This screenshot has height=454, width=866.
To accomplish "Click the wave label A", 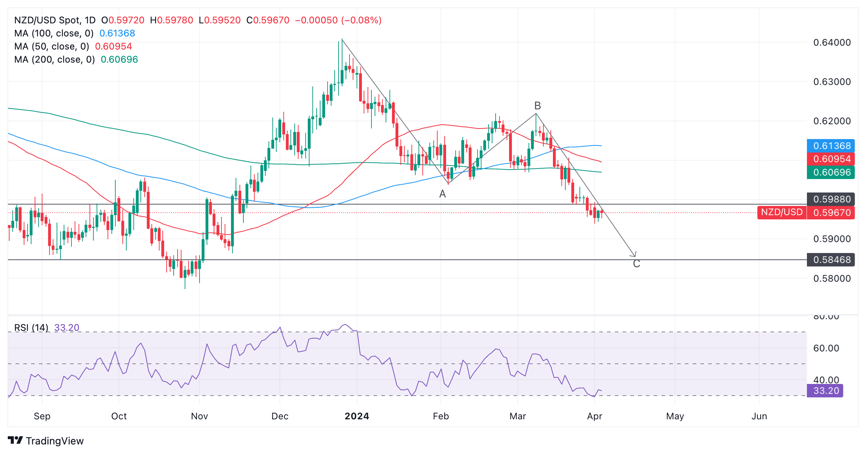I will (442, 194).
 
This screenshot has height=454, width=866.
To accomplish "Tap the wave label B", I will (537, 105).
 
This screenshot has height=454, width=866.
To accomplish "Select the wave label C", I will (636, 264).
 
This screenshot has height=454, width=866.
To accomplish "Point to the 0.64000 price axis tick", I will (832, 42).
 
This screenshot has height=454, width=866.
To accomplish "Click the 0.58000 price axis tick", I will (832, 278).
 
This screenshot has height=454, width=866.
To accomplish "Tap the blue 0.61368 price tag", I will (831, 146).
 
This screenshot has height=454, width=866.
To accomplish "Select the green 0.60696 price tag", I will (831, 172).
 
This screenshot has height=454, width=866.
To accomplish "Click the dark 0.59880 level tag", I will (831, 199).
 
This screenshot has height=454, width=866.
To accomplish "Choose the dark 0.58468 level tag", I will (831, 260).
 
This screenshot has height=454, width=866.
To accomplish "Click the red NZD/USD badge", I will (782, 212).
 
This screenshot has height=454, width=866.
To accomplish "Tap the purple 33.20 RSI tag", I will (825, 391).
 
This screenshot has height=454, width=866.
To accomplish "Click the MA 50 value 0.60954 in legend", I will (113, 46).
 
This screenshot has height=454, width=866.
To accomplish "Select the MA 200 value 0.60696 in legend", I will (119, 59).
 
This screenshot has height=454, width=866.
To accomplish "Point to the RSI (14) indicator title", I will (31, 328).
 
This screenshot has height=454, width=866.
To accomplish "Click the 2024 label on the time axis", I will (357, 416).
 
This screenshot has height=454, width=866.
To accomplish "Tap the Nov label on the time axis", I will (199, 416).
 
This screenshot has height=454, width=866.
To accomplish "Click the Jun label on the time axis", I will (759, 416).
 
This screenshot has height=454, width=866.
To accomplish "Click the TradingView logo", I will (46, 441).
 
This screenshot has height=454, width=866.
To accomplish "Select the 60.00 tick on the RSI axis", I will (826, 348).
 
